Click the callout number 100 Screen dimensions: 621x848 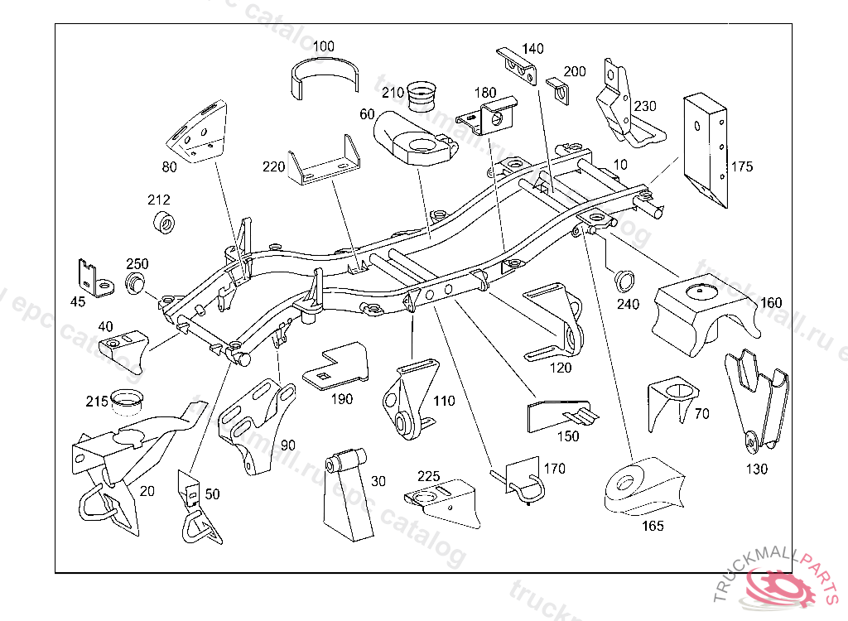(324, 46)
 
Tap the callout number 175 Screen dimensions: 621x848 (742, 167)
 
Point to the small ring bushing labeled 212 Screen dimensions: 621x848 (165, 223)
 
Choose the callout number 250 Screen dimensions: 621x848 (137, 264)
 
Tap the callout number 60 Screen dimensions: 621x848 (367, 113)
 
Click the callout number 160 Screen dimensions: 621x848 (770, 303)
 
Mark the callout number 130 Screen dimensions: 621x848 (756, 469)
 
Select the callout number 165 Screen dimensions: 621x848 (653, 525)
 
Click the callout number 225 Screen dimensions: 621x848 (428, 476)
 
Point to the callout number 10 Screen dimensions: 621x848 (621, 164)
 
